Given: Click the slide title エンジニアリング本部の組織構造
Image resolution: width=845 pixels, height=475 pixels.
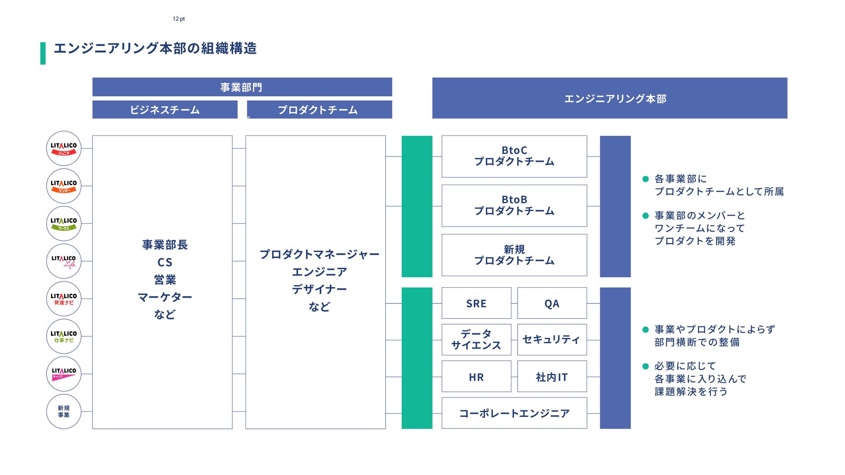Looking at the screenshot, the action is [x=155, y=48].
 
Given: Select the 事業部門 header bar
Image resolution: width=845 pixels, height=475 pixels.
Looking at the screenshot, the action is [x=242, y=87].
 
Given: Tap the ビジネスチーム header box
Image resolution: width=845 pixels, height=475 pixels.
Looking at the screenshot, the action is [x=165, y=110].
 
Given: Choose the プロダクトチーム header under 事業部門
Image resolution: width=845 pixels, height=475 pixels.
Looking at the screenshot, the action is [x=319, y=110].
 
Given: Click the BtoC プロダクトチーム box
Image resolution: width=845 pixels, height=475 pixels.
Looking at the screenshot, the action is [x=514, y=156].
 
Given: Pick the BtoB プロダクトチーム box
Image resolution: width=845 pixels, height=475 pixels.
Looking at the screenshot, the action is [x=514, y=205].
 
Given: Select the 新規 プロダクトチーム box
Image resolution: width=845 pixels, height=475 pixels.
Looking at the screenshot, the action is [x=514, y=255].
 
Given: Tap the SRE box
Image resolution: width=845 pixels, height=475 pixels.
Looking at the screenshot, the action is [x=476, y=303].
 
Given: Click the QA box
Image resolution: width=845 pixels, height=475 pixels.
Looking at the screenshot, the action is [x=552, y=303].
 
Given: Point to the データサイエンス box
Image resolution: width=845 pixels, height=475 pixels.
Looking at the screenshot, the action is [x=476, y=340].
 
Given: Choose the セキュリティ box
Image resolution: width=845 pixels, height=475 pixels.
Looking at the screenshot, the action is [x=552, y=340].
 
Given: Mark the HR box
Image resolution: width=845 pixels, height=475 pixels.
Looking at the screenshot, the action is [x=476, y=376].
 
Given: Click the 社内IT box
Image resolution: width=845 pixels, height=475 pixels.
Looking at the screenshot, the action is [x=552, y=376].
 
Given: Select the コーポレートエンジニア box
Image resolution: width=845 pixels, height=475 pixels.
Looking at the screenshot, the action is [x=514, y=413].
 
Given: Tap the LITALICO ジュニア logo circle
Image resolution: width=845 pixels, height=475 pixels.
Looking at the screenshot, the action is [x=64, y=149].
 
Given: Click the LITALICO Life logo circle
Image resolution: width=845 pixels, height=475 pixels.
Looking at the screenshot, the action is [x=64, y=261].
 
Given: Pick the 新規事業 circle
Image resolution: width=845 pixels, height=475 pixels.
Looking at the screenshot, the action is [x=64, y=412].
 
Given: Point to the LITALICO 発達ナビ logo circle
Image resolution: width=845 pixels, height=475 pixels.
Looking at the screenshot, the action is [x=64, y=299].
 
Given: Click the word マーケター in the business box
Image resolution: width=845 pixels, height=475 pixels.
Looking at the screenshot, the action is [x=165, y=297].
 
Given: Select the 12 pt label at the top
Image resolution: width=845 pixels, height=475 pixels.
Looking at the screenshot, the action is [x=179, y=19].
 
